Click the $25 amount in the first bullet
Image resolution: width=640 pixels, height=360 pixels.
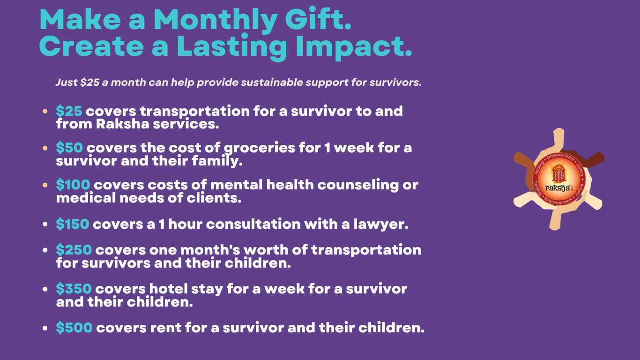(69, 111)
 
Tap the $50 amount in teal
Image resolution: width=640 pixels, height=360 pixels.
(69, 148)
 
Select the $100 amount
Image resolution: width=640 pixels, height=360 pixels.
(73, 185)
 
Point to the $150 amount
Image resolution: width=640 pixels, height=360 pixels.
(73, 224)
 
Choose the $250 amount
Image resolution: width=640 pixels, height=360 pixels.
(74, 250)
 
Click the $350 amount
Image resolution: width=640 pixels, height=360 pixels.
(74, 289)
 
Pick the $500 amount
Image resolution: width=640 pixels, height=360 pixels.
(74, 328)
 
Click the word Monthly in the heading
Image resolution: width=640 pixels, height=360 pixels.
(216, 21)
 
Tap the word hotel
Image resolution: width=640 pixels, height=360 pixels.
(168, 289)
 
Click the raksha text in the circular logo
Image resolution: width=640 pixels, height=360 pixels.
(558, 187)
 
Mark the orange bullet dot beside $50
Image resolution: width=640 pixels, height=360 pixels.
(45, 148)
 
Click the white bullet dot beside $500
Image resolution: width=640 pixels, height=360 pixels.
(45, 328)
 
